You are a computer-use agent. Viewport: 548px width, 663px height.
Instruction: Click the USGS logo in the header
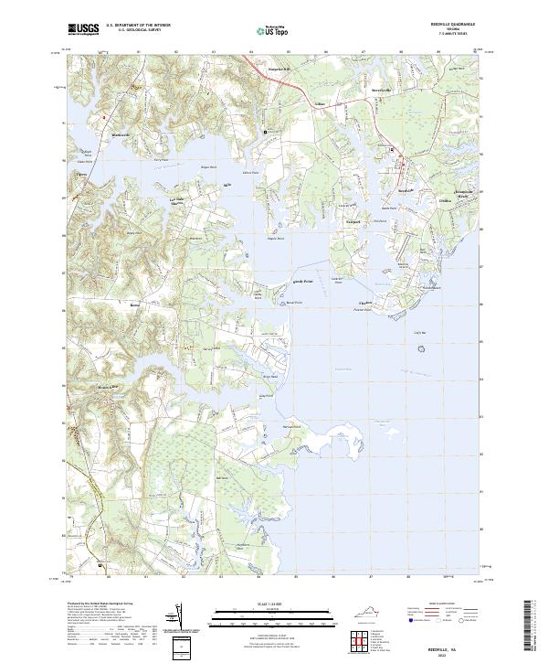pos(81,29)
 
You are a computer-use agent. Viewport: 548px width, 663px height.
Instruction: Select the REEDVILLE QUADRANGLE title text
pos(453,24)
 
